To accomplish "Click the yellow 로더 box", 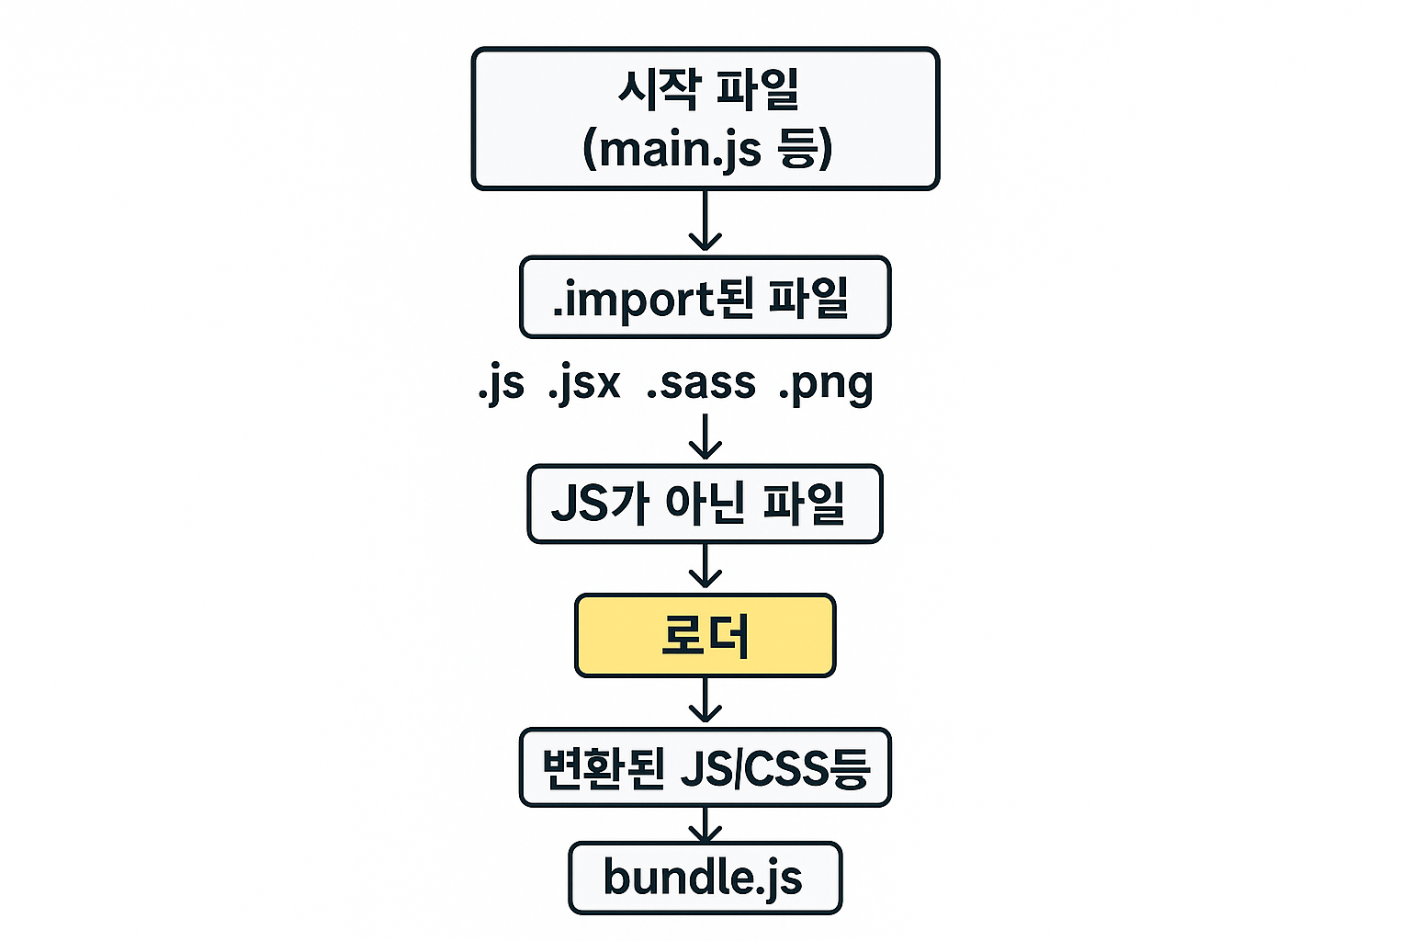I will tap(705, 636).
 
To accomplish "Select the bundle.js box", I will tap(705, 878).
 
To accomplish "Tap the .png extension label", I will tap(825, 384).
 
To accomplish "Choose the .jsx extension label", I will tap(584, 384).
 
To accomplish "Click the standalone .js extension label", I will tap(502, 384).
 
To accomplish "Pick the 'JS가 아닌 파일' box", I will tap(705, 504).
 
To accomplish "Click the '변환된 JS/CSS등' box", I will tap(705, 767).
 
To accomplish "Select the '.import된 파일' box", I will tap(705, 298).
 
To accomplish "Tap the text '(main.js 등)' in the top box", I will tap(707, 149).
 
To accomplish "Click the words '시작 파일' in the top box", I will tap(707, 90).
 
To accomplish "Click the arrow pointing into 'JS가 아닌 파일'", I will tap(705, 436).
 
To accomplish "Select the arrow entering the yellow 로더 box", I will tap(705, 567).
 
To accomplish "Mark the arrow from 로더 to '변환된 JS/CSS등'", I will tap(705, 701).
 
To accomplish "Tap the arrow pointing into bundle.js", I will tap(705, 824).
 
